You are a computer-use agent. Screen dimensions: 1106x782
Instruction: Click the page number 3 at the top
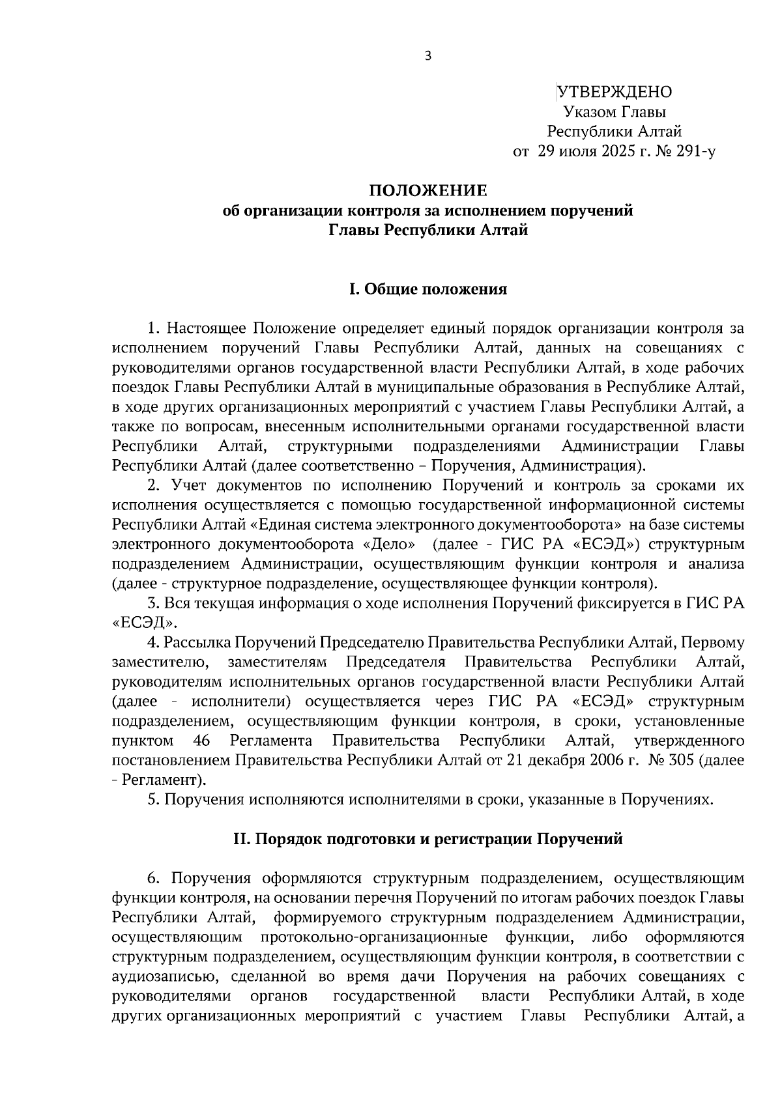(x=427, y=56)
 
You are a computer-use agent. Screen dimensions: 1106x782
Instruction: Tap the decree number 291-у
(x=697, y=152)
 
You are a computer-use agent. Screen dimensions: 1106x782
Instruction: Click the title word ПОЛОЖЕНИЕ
(x=427, y=191)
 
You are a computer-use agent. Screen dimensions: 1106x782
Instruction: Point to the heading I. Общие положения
(x=427, y=289)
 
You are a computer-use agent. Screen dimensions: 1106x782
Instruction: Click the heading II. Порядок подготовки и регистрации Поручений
(x=427, y=839)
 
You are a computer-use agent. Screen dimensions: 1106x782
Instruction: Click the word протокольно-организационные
(x=374, y=937)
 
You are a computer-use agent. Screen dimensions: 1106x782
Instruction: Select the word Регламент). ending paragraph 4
(x=164, y=780)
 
